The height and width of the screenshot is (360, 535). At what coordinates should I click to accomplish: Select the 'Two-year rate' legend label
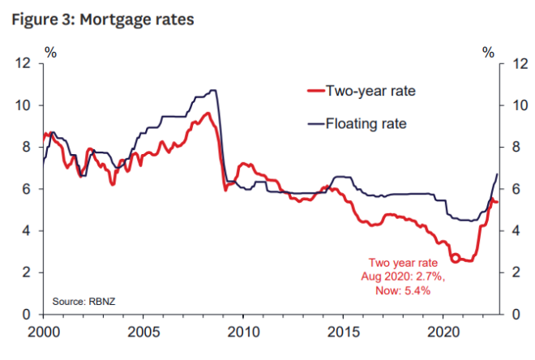point(370,91)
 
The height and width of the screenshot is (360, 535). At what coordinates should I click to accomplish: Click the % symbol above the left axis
point(50,53)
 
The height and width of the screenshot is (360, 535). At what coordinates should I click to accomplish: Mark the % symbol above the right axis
point(488,53)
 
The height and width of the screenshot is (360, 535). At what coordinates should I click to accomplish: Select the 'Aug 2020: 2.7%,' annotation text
point(403,276)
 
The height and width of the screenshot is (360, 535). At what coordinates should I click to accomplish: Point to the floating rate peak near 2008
point(212,90)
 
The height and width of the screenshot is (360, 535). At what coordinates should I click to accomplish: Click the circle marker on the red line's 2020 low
point(455,258)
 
